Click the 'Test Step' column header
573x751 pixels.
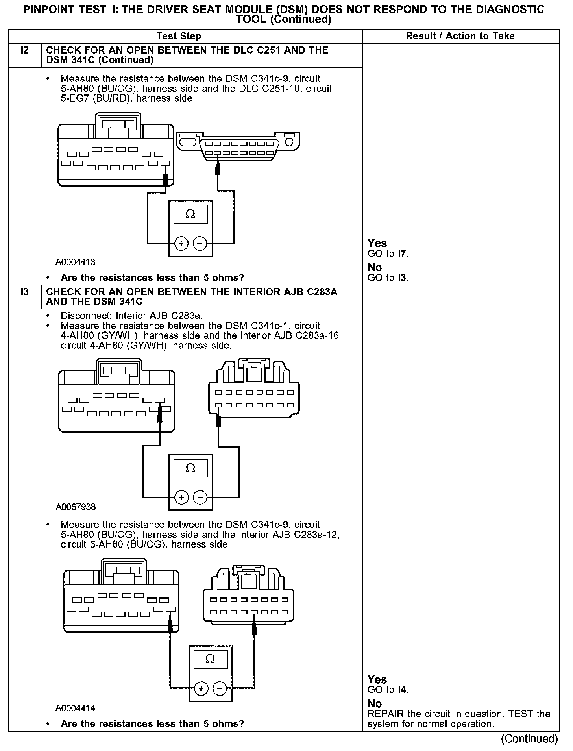pos(179,36)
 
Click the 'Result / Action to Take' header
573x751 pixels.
pos(460,36)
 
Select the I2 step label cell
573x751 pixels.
pos(24,50)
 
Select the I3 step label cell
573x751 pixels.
pos(24,292)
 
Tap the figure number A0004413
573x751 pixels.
pos(75,262)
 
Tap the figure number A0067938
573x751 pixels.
pos(76,507)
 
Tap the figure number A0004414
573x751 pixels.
pos(75,708)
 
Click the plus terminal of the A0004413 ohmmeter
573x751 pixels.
pos(181,244)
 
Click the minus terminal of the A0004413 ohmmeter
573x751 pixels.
pos(200,244)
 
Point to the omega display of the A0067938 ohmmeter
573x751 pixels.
pos(190,468)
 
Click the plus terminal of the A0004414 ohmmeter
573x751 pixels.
pos(201,689)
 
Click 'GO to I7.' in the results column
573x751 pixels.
pos(388,254)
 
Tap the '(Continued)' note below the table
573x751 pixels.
pos(529,739)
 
